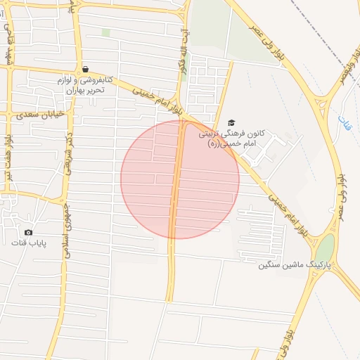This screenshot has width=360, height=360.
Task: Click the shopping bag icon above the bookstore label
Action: point(85,69)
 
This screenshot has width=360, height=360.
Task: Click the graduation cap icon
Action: point(231,122)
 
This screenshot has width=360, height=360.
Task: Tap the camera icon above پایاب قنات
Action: point(28,232)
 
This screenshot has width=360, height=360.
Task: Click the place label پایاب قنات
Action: point(29,243)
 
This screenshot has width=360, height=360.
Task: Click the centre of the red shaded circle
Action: point(180,179)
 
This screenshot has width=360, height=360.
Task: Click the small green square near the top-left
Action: point(106,32)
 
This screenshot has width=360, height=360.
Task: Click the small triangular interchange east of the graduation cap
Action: point(324,105)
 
